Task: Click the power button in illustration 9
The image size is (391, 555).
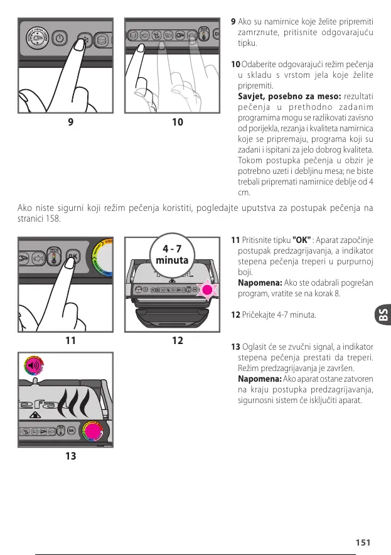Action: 58,38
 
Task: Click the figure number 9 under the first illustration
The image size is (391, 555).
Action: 70,122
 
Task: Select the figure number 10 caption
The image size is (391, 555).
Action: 178,122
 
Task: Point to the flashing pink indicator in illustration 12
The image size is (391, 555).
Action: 207,291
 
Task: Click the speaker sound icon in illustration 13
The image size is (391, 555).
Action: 32,366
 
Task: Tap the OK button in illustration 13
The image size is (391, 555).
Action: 71,431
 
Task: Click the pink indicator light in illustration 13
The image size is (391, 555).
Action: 93,431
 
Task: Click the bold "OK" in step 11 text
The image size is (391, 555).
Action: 303,240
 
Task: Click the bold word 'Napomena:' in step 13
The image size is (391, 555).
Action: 258,379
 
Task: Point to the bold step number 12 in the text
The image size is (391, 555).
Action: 235,314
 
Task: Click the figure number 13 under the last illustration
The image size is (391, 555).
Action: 70,456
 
